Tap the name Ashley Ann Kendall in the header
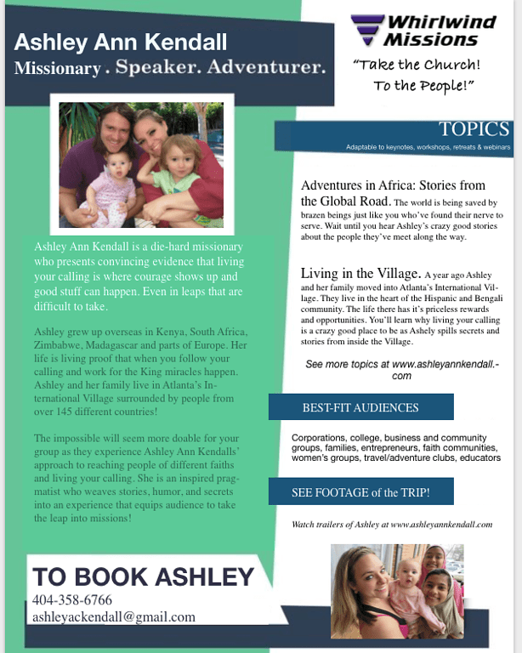121,42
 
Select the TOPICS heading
474,129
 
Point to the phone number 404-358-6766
72,600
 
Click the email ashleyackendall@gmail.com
113,617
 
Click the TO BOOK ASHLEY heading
144,576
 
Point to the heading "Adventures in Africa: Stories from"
393,185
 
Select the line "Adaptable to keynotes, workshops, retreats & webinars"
428,148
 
